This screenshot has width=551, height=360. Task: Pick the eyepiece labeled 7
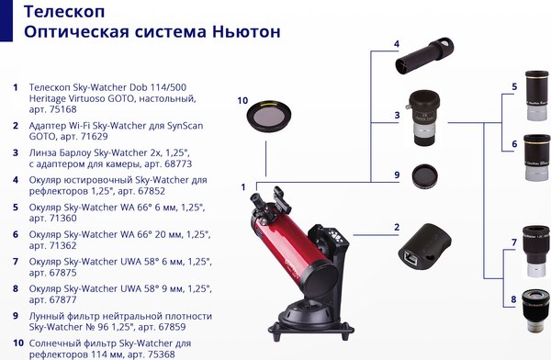pyautogui.click(x=534, y=242)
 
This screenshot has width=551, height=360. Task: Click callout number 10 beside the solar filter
pyautogui.click(x=242, y=100)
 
